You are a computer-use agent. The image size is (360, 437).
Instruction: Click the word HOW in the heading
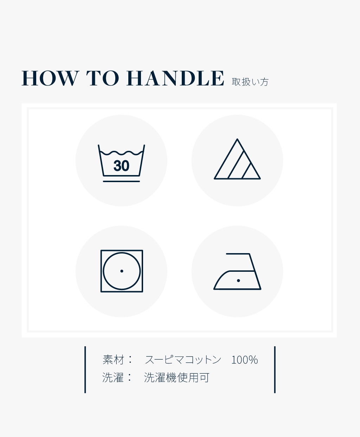click(x=50, y=78)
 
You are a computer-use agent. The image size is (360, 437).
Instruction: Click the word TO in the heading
click(x=103, y=78)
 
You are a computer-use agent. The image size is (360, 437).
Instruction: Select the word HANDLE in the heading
click(x=175, y=78)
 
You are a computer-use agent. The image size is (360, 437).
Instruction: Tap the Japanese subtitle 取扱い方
click(x=250, y=82)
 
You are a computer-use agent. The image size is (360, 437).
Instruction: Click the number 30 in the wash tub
click(x=121, y=166)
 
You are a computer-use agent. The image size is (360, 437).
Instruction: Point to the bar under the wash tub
click(x=121, y=181)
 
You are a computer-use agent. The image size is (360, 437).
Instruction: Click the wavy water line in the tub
click(x=121, y=153)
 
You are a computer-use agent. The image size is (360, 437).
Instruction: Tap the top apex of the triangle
click(x=237, y=139)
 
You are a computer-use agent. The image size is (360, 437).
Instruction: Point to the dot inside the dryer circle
click(x=122, y=271)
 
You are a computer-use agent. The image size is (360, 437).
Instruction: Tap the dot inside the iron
click(x=238, y=281)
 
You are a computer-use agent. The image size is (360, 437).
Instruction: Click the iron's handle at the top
click(x=238, y=254)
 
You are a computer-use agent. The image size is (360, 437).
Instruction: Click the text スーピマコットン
click(x=183, y=360)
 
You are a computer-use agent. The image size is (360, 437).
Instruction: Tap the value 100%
click(x=244, y=360)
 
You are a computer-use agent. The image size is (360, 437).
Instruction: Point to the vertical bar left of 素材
click(x=85, y=369)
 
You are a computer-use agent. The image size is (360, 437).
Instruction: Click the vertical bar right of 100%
click(x=275, y=369)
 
